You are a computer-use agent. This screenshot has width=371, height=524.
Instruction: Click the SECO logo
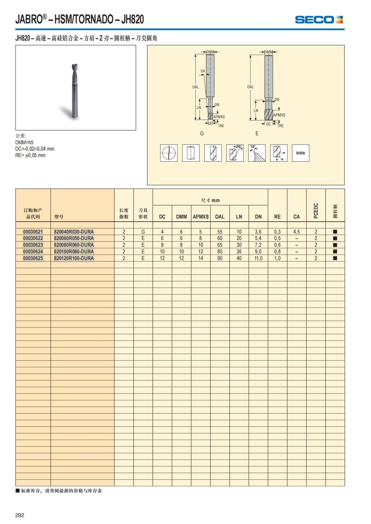(319, 20)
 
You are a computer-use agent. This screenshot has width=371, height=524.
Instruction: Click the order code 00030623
(33, 245)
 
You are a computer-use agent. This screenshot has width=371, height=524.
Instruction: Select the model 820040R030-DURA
(74, 232)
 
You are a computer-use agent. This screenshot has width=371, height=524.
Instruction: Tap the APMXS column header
(201, 217)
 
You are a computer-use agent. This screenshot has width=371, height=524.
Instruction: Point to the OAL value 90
(220, 258)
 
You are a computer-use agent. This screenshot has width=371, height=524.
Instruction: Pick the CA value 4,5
(296, 232)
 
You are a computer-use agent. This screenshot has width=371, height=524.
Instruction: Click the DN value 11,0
(258, 258)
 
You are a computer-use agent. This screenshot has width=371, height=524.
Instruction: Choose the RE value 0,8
(277, 252)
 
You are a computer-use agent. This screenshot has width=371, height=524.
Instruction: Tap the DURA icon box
(301, 153)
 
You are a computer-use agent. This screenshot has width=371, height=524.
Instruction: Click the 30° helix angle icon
(235, 153)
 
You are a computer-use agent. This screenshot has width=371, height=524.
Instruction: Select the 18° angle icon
(257, 153)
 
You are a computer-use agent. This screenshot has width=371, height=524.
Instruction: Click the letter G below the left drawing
(202, 134)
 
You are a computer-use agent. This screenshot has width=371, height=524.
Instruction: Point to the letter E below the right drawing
(257, 134)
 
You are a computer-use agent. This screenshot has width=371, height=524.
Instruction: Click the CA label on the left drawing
(203, 71)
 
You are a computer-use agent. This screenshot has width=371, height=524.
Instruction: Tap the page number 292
(20, 515)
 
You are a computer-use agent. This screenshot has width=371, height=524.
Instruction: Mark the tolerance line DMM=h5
(24, 142)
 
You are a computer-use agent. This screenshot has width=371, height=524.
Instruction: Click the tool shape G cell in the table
(143, 232)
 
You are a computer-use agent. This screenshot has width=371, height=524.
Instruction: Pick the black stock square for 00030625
(335, 258)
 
